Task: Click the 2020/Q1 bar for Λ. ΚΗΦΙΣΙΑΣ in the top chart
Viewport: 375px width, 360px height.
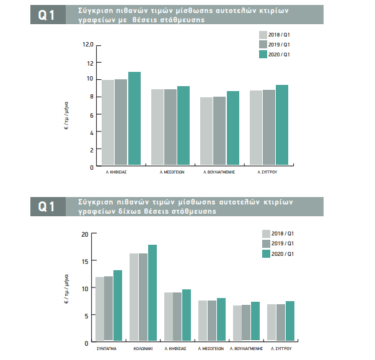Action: [x=134, y=119]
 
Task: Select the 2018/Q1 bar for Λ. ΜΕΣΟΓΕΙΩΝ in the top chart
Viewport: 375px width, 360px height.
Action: [x=157, y=128]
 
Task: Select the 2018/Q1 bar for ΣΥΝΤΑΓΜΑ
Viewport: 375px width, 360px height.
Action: [x=99, y=309]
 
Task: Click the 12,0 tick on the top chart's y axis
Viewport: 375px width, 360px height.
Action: [x=87, y=45]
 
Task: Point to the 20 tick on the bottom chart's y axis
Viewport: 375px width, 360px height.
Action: [x=86, y=234]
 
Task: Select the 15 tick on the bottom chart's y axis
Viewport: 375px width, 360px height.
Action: [x=86, y=261]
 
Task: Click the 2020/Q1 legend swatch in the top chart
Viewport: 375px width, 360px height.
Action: [x=263, y=55]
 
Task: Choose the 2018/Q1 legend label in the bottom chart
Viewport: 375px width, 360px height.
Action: [x=283, y=234]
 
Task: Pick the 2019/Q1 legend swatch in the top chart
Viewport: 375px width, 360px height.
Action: [x=263, y=45]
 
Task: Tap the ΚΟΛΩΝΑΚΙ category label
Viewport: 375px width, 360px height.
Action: [x=143, y=349]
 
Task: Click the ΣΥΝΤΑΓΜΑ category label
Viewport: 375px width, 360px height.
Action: [x=108, y=349]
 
